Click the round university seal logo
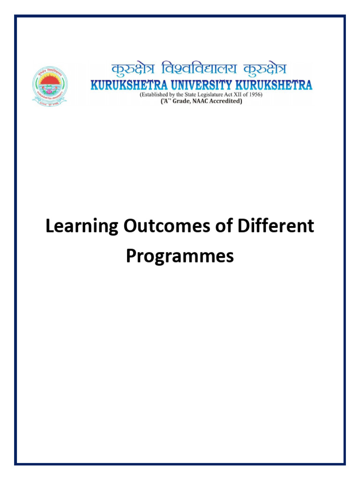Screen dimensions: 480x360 tap(49, 85)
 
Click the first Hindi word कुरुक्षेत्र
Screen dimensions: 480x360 tap(133, 70)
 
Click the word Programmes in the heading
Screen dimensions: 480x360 tap(180, 256)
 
